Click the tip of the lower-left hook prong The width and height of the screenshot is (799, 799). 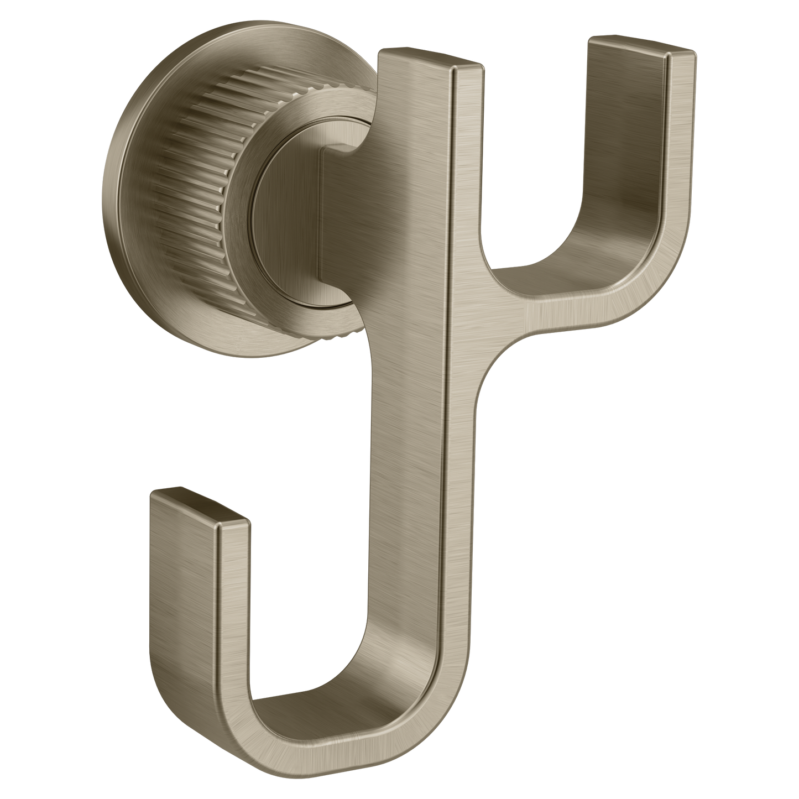pos(198,504)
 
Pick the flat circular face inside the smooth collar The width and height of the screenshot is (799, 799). pos(288,221)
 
